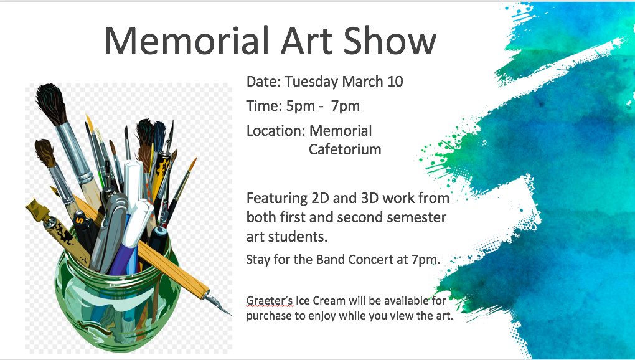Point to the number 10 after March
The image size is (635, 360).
pyautogui.click(x=395, y=82)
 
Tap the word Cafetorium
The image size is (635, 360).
pyautogui.click(x=345, y=149)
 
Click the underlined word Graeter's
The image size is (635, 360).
pyautogui.click(x=270, y=300)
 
